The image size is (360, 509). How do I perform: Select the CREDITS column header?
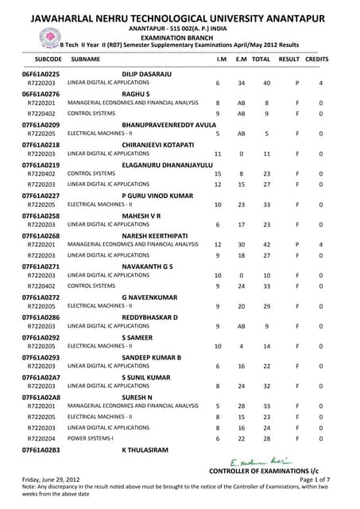(317, 60)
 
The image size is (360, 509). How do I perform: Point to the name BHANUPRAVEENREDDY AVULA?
(168, 125)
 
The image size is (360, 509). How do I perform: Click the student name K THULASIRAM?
(145, 450)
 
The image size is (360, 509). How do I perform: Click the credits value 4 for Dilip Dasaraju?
(320, 84)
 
